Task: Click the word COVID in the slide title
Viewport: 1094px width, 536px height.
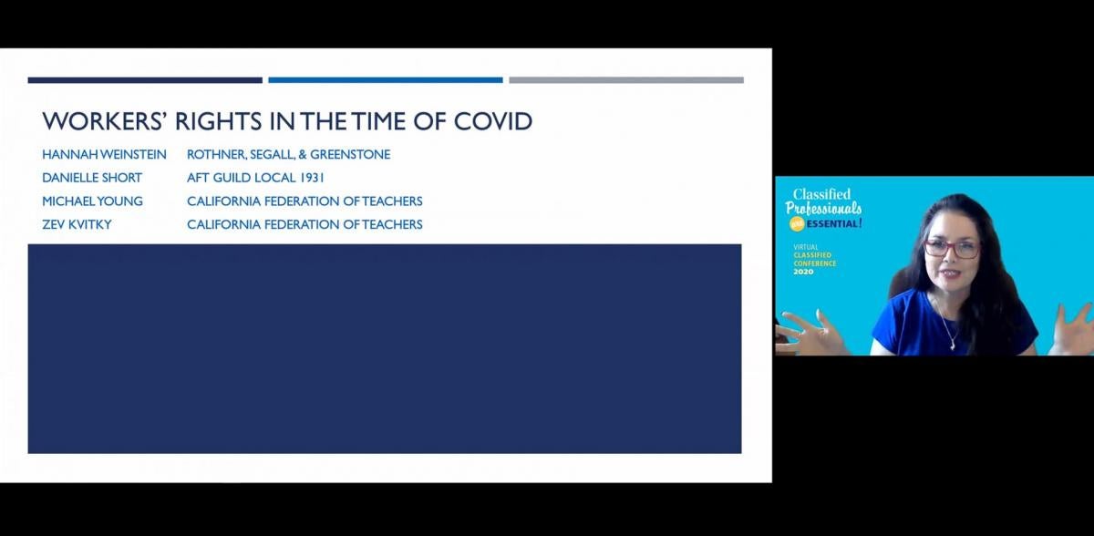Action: (493, 121)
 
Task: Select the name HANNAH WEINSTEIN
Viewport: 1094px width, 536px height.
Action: (104, 155)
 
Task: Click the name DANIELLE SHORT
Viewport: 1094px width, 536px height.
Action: (92, 178)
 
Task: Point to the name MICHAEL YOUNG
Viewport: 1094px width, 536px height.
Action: (92, 201)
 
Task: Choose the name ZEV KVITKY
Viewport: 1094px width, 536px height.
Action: (77, 224)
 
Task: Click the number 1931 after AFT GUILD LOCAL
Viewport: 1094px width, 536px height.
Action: (312, 178)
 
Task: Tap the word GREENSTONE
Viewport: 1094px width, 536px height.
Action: (350, 155)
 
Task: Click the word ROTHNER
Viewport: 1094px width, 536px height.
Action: (216, 155)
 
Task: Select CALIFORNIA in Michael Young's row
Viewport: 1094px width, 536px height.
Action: (223, 201)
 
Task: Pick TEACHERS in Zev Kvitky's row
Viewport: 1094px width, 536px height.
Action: (392, 224)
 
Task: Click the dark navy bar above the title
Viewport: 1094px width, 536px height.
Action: (145, 80)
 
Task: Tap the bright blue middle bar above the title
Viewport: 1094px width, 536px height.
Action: (386, 80)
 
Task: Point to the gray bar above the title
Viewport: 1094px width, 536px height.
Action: (626, 80)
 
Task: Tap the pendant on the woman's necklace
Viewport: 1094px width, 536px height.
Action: (953, 345)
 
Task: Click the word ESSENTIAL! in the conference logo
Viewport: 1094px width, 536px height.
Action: (834, 224)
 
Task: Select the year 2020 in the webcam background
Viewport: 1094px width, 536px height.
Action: (803, 272)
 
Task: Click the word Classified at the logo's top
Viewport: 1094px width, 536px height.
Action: (821, 194)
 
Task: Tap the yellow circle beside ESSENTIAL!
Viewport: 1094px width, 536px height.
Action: (797, 224)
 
